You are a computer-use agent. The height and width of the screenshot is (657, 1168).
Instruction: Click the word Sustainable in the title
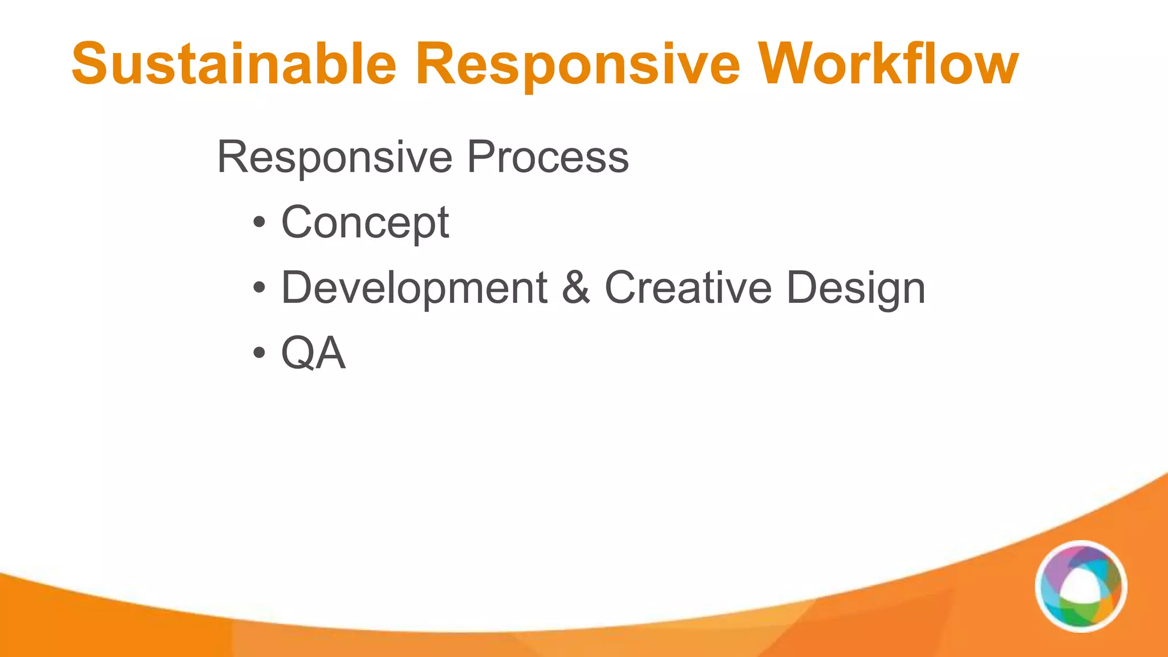pyautogui.click(x=234, y=64)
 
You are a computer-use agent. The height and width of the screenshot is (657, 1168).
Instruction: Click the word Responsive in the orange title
pyautogui.click(x=577, y=64)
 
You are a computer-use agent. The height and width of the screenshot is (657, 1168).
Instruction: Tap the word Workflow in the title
pyautogui.click(x=890, y=64)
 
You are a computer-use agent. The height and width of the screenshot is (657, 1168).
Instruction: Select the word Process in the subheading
pyautogui.click(x=547, y=157)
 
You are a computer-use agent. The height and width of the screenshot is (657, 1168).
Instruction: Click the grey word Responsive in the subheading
pyautogui.click(x=334, y=157)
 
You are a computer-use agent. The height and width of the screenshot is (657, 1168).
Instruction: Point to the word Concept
pyautogui.click(x=365, y=222)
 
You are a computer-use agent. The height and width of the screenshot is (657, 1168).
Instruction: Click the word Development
pyautogui.click(x=414, y=288)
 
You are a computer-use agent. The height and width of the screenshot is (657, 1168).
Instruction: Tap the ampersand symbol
pyautogui.click(x=575, y=288)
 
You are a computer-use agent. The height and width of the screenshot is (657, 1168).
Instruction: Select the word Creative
pyautogui.click(x=688, y=288)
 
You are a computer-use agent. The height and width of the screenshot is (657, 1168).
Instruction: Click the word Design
pyautogui.click(x=855, y=288)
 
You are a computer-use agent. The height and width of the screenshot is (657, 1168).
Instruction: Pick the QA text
pyautogui.click(x=313, y=354)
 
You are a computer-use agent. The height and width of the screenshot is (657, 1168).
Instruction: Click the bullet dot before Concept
pyautogui.click(x=259, y=222)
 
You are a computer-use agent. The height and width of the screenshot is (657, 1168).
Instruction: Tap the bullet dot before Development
pyautogui.click(x=259, y=288)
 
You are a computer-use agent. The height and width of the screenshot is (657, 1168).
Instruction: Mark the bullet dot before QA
pyautogui.click(x=259, y=354)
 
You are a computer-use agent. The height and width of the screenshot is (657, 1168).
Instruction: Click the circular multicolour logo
pyautogui.click(x=1081, y=586)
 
